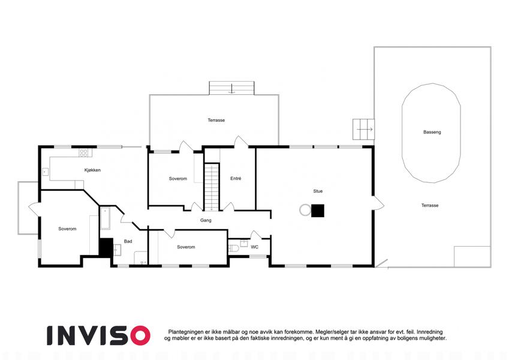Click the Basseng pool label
[432, 132]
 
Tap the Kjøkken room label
[92, 170]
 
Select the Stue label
[318, 191]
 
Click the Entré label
[236, 178]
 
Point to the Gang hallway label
[206, 220]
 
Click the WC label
[254, 247]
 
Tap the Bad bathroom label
[128, 241]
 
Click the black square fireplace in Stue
[318, 211]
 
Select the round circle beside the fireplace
[305, 210]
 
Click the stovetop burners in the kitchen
[83, 153]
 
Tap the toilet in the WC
[234, 248]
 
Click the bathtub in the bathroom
[105, 218]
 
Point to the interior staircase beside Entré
[212, 187]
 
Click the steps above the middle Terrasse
[231, 88]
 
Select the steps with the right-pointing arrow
[363, 130]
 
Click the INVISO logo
[99, 335]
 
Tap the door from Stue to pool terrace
[378, 203]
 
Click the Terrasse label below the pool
[430, 205]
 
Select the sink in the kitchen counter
[46, 172]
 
